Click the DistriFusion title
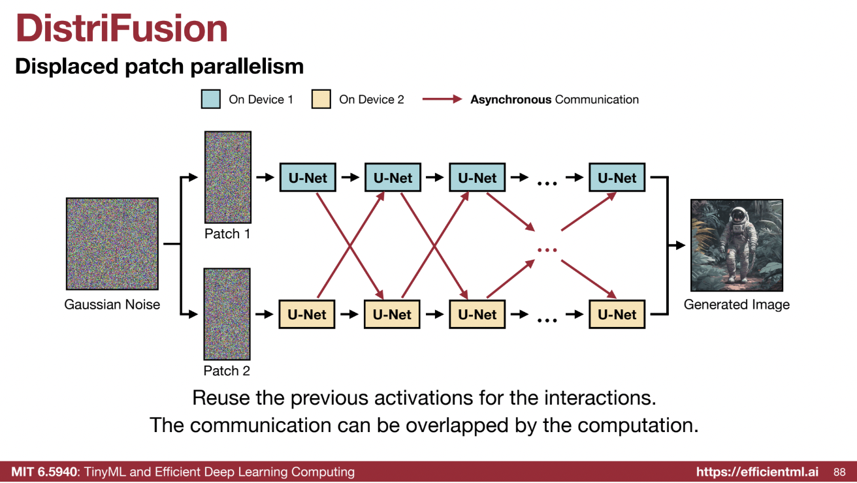coord(121,29)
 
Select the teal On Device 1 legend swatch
coord(210,100)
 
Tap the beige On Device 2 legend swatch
coord(321,100)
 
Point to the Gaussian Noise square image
coord(112,243)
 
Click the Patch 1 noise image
coord(227,177)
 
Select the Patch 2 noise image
coord(227,314)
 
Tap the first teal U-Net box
coord(308,178)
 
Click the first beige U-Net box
coord(307,314)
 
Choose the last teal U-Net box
coord(617,178)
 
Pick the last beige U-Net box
coord(617,314)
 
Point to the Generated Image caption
coord(736,305)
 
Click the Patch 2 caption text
coord(227,371)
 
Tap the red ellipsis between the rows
coord(547,250)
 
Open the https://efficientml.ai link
coord(759,472)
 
